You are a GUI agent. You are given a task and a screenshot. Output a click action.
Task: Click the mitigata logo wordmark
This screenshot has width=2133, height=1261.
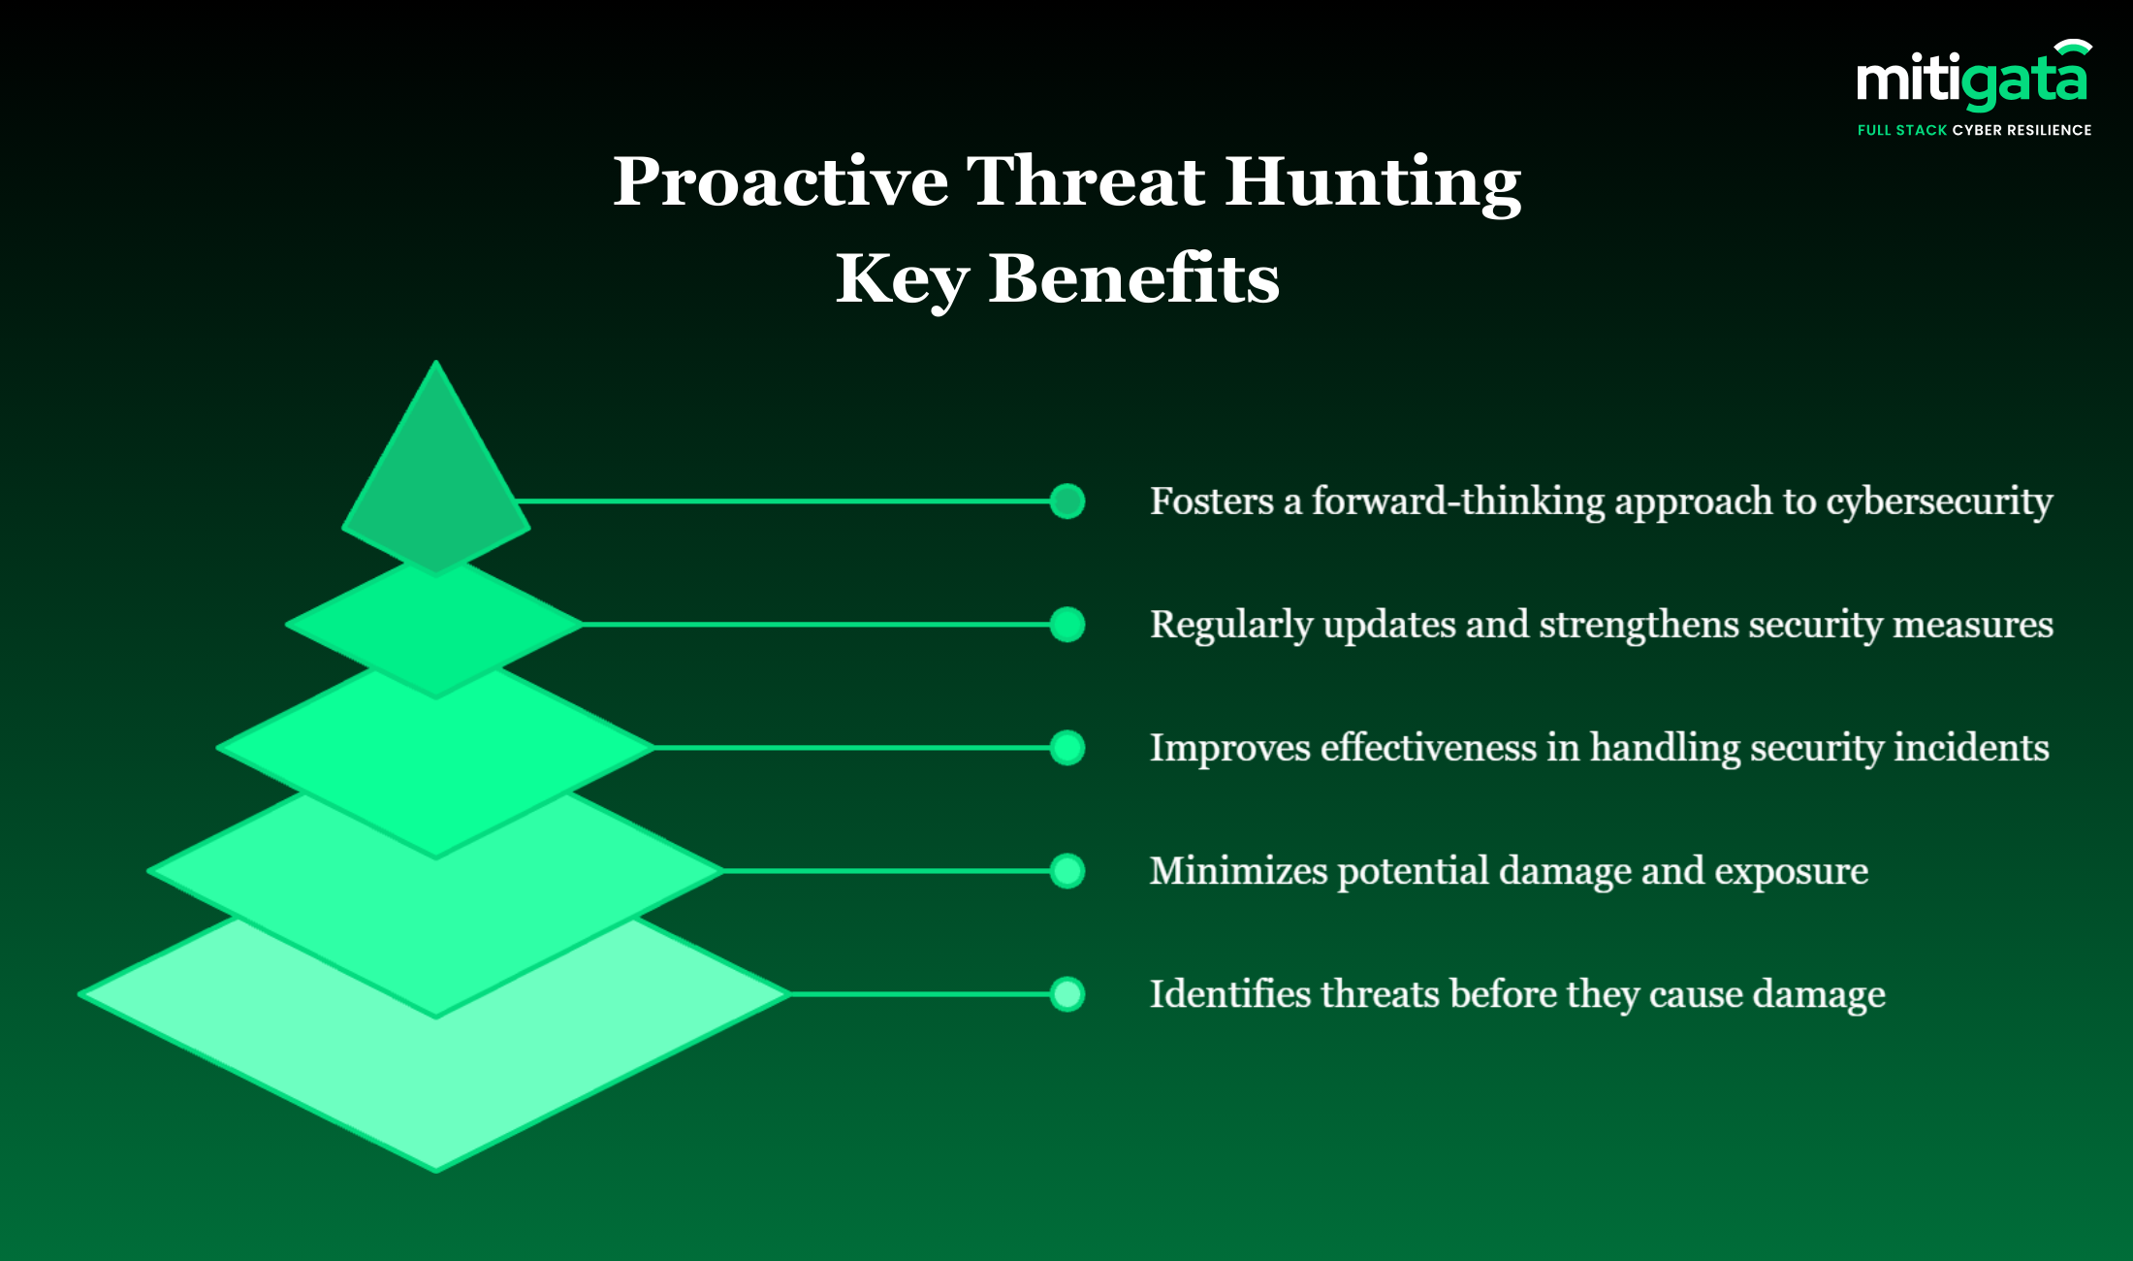[1973, 78]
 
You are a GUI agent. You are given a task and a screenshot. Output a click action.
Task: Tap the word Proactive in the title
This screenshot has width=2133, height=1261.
[780, 181]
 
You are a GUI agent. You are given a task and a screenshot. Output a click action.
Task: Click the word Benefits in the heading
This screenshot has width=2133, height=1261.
[1133, 278]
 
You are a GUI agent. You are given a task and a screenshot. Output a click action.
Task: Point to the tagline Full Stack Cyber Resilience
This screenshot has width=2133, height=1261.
[1974, 130]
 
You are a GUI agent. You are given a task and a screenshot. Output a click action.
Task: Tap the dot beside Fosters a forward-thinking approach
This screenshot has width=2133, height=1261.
[1067, 501]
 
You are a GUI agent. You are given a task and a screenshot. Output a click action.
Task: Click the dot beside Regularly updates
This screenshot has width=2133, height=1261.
[1067, 625]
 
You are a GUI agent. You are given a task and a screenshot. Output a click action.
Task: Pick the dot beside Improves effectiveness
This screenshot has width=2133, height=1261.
[1067, 748]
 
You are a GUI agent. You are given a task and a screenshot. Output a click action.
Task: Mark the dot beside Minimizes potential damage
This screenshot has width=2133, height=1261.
[1067, 871]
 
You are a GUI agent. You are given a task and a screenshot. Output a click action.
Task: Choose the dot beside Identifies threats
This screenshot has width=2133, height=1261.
[1067, 994]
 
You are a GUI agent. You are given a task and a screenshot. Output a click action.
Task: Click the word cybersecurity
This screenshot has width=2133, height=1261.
[1939, 502]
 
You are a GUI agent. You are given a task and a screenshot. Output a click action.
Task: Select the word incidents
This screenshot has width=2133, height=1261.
[1971, 748]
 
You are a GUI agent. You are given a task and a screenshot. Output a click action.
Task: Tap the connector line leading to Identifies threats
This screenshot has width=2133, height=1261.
[920, 994]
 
